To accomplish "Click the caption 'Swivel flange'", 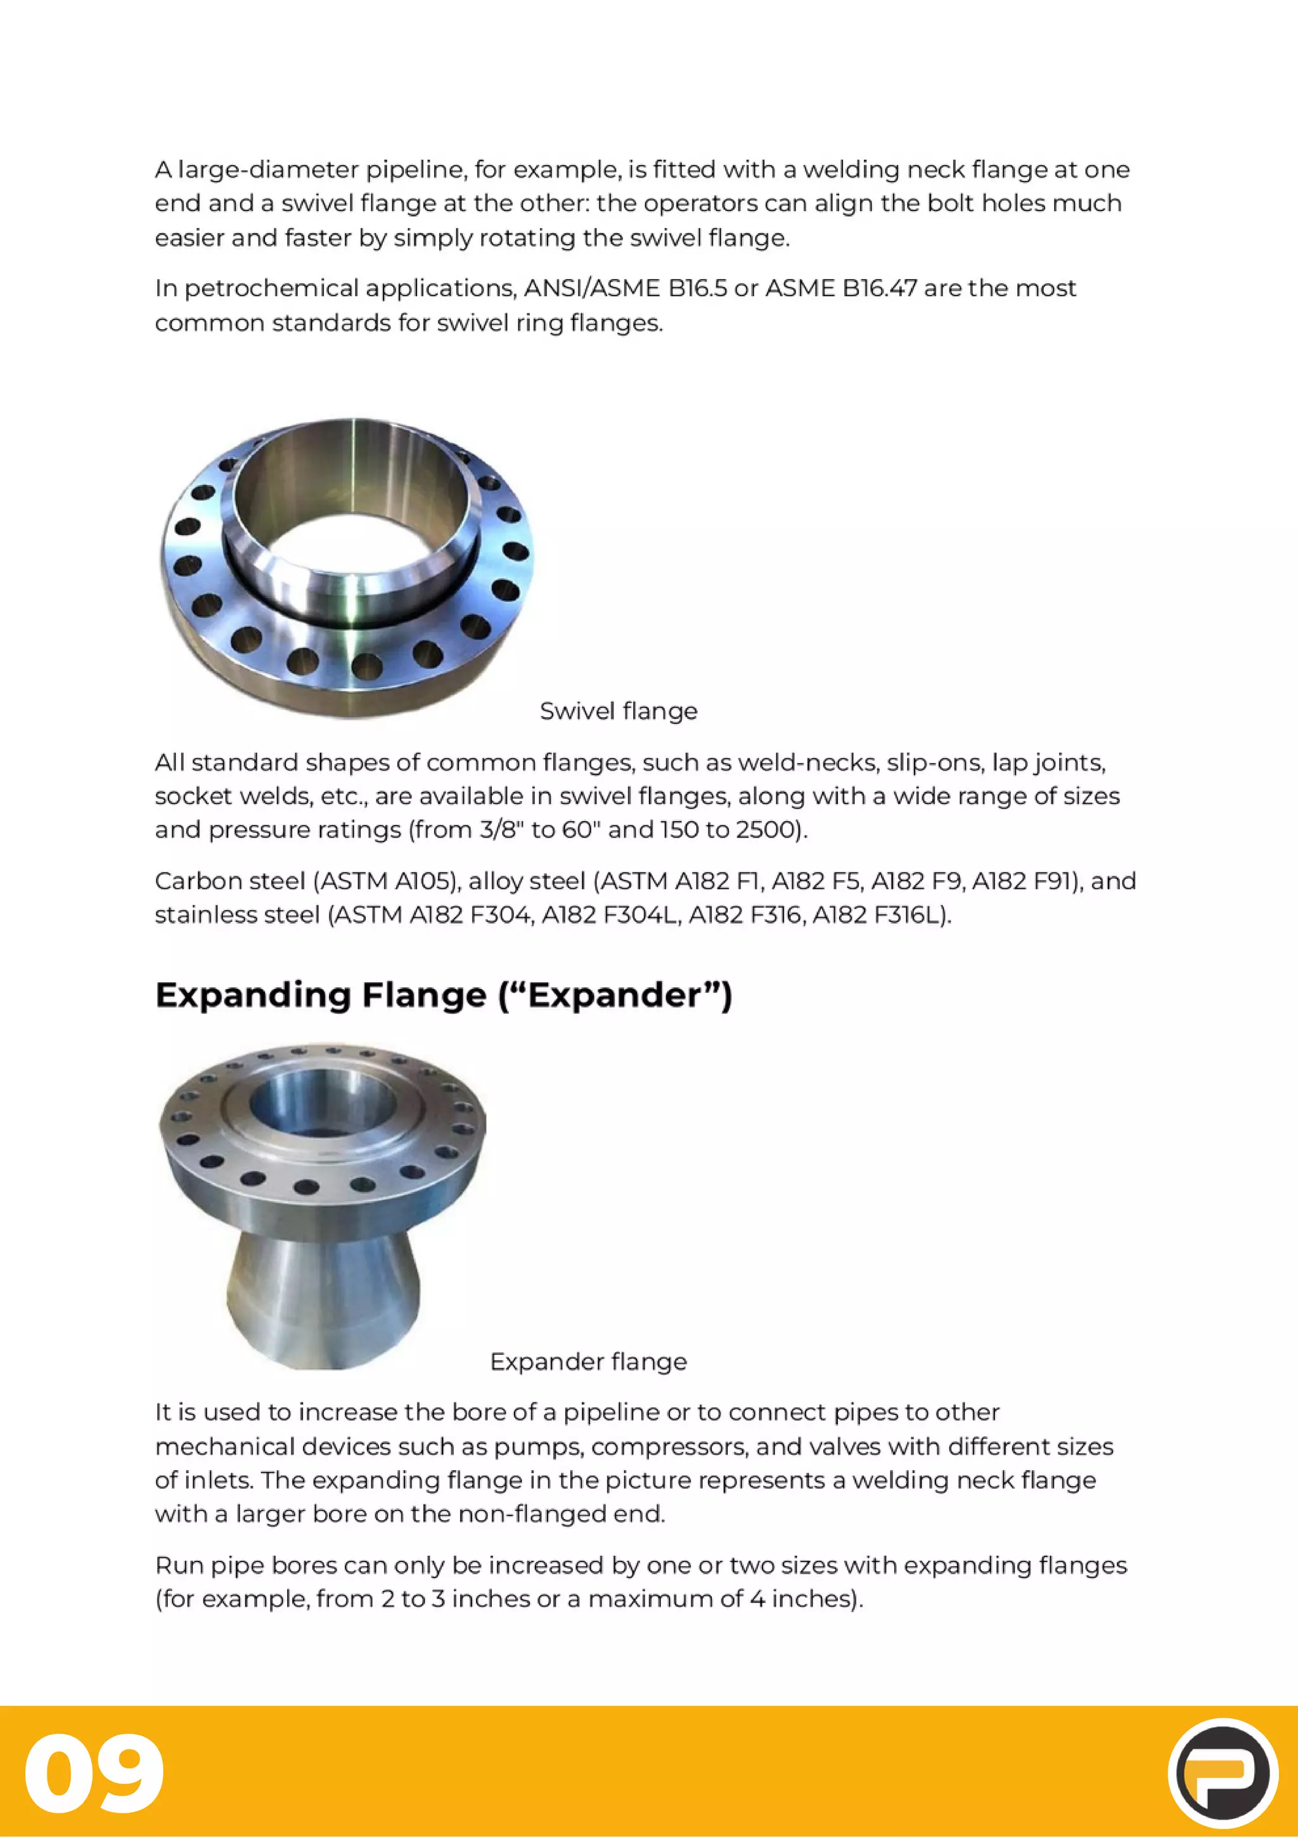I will pyautogui.click(x=618, y=711).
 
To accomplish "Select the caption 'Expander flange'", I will pyautogui.click(x=588, y=1362).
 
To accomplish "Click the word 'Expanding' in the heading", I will pyautogui.click(x=252, y=995).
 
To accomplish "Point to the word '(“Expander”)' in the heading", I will pyautogui.click(x=615, y=995).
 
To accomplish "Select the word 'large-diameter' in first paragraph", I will pyautogui.click(x=268, y=170).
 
